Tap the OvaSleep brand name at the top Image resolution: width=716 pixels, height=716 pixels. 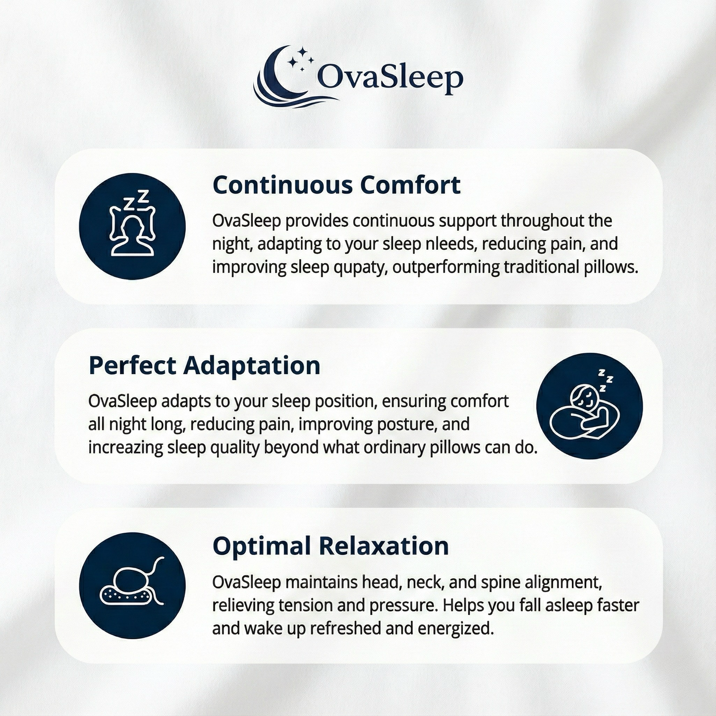(389, 78)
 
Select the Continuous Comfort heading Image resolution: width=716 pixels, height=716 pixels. (336, 185)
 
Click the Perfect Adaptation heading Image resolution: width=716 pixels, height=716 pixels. (204, 366)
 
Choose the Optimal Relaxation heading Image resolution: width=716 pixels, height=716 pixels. (330, 546)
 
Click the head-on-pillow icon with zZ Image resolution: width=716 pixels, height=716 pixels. (132, 226)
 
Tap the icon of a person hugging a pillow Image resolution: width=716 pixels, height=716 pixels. (589, 406)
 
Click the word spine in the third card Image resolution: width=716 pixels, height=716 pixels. (501, 582)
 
